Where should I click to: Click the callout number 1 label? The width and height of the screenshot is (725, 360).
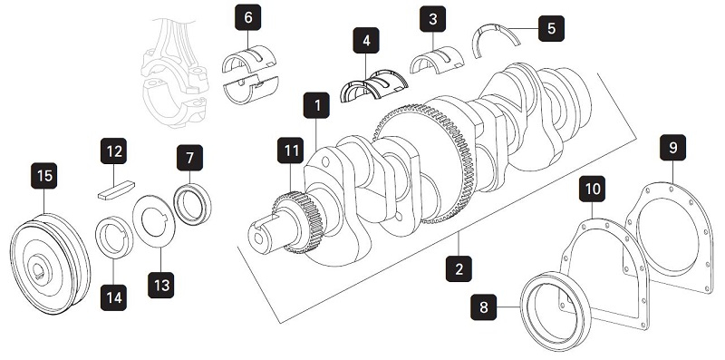[317, 107]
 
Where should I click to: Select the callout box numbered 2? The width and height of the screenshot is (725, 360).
[459, 268]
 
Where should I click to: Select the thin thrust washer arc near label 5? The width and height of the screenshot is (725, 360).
[497, 36]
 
